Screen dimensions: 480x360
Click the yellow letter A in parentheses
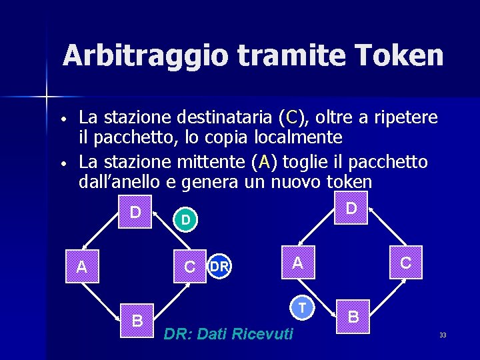pos(264,162)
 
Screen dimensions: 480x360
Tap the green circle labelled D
pos(186,219)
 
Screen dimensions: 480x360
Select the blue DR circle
pos(219,267)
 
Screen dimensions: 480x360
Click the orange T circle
pos(302,307)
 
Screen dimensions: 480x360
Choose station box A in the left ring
pos(81,267)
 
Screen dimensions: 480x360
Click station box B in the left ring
pos(137,321)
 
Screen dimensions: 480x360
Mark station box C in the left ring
pos(190,267)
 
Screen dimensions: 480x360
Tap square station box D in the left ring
pos(135,212)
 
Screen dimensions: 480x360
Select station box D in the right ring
pos(351,208)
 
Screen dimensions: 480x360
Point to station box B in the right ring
pos(353,317)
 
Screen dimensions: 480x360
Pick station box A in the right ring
pos(297,263)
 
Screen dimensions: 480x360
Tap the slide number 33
pos(443,335)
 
